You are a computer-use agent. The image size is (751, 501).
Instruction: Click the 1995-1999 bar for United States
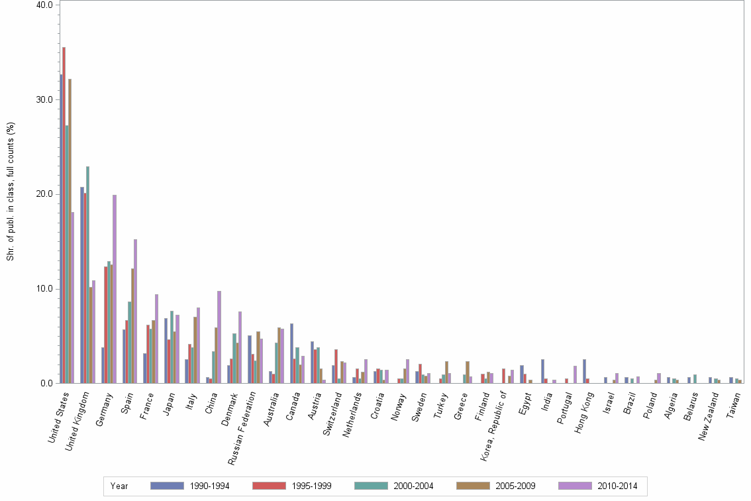tap(64, 215)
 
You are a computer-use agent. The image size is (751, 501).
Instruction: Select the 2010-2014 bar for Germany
tap(115, 289)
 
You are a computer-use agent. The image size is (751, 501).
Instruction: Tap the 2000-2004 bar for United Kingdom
tap(87, 275)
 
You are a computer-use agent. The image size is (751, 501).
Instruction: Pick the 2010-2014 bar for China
tap(219, 337)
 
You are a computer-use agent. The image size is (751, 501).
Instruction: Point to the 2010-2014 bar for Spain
tap(135, 311)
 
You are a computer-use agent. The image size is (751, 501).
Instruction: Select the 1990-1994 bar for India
tap(542, 371)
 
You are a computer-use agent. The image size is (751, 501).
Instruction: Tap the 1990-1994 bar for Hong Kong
tap(584, 371)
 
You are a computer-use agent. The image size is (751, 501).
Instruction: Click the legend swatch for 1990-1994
tap(167, 486)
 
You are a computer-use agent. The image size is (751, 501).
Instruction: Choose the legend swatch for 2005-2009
tap(473, 486)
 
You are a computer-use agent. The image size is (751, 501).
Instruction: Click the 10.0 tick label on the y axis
tap(45, 289)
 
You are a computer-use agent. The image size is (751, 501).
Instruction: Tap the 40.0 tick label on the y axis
tap(45, 5)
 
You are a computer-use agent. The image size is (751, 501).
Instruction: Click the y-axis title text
tap(11, 192)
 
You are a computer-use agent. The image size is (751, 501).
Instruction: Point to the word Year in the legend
tap(120, 486)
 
